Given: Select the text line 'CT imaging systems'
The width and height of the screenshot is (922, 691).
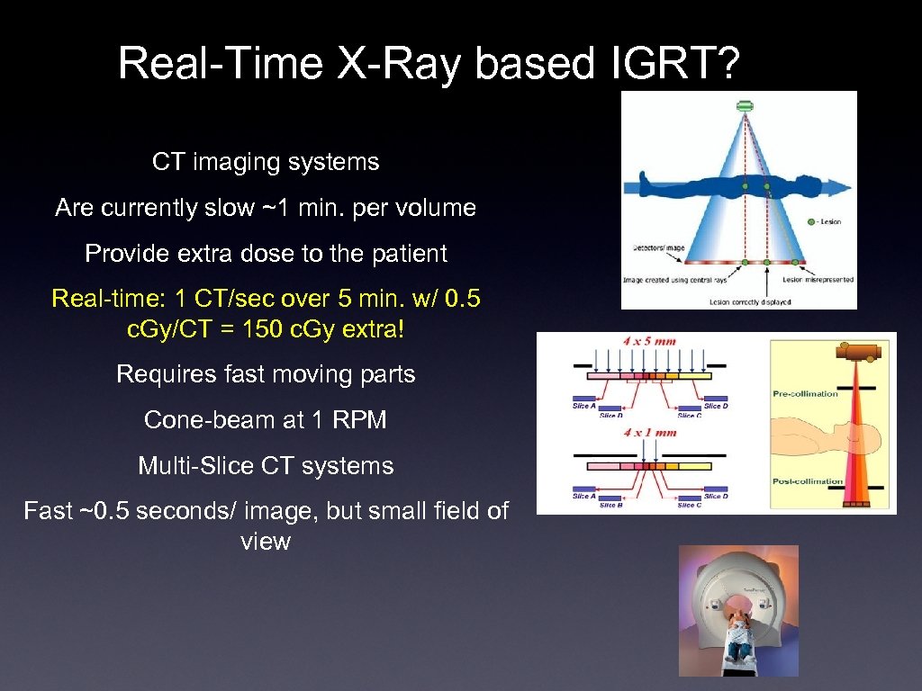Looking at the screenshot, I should point(266,162).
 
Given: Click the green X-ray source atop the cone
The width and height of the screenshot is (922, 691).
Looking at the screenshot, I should point(745,106).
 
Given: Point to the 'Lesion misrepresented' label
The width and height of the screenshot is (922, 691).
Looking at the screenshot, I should point(818,280).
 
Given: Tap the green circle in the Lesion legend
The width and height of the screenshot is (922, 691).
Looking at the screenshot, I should point(811,220).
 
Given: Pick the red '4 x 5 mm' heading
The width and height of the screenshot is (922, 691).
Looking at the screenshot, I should point(649,341).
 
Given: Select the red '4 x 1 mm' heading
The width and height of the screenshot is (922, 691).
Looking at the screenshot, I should point(649,433).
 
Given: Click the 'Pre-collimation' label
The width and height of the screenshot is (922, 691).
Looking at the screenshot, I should point(805,393).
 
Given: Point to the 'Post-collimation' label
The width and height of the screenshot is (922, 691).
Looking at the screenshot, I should point(807,481).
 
